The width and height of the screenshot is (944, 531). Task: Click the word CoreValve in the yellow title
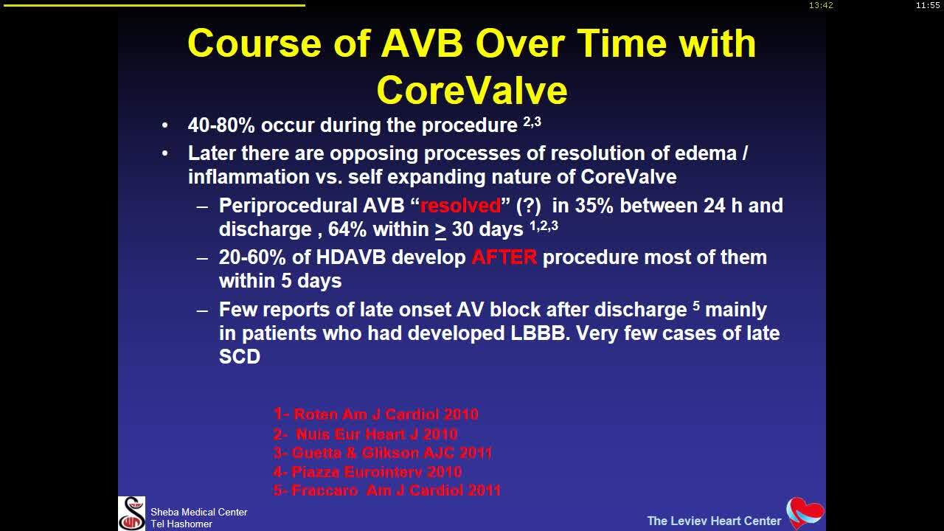pyautogui.click(x=472, y=90)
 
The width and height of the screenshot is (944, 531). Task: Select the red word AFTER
pyautogui.click(x=504, y=257)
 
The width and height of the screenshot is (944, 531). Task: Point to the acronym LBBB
pyautogui.click(x=540, y=333)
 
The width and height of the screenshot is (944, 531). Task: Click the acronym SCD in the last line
pyautogui.click(x=240, y=356)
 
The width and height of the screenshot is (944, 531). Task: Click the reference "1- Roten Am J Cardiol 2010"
pyautogui.click(x=375, y=414)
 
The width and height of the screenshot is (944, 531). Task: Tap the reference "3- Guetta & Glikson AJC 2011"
pyautogui.click(x=382, y=453)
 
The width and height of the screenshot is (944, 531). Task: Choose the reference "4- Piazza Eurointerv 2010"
pyautogui.click(x=367, y=472)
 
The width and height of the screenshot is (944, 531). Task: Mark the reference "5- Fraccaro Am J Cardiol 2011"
pyautogui.click(x=386, y=490)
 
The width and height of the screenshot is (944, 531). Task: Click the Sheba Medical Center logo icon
pyautogui.click(x=132, y=513)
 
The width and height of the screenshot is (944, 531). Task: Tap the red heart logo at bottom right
pyautogui.click(x=805, y=513)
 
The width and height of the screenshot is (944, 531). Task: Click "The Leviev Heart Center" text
pyautogui.click(x=713, y=521)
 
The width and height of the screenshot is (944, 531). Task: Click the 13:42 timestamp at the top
pyautogui.click(x=821, y=5)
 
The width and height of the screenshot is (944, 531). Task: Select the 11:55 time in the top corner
pyautogui.click(x=928, y=5)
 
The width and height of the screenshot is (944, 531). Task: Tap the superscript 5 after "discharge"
pyautogui.click(x=696, y=305)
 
